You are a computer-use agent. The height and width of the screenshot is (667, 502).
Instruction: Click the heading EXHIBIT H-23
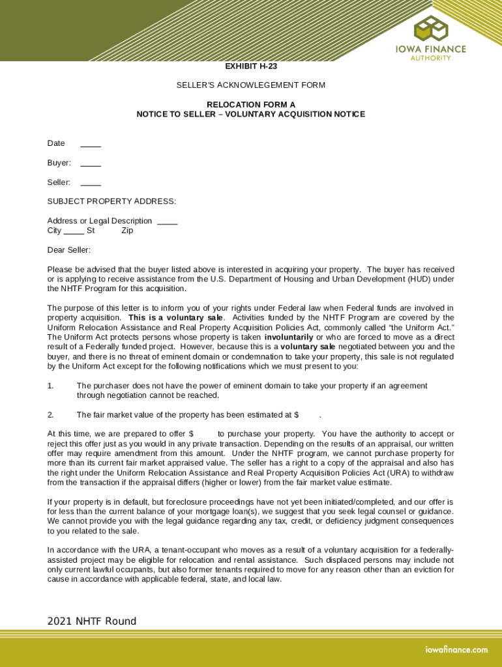tap(251, 66)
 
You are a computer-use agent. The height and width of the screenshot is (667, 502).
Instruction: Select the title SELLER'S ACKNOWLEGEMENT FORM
tap(251, 85)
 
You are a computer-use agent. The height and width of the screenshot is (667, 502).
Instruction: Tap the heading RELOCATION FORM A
tap(251, 105)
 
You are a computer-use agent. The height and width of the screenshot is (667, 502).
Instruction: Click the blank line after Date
tap(91, 144)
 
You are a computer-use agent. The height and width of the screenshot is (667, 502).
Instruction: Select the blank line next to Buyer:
tap(91, 163)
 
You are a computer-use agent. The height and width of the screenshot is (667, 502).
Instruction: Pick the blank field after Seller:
tap(91, 183)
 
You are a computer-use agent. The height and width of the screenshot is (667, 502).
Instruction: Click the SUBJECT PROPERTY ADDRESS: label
tap(111, 201)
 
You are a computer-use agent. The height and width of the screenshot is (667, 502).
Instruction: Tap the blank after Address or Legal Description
tap(168, 221)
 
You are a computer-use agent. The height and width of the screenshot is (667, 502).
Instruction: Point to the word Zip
tap(127, 231)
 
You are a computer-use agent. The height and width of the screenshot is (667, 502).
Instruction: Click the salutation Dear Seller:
tap(69, 250)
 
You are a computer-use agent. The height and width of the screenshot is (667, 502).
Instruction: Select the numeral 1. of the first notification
tap(50, 386)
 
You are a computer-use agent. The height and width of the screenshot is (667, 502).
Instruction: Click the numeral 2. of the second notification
tap(50, 415)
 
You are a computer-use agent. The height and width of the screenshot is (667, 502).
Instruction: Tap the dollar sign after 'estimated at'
tap(297, 415)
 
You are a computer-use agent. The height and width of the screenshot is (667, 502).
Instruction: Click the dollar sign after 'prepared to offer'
tap(191, 434)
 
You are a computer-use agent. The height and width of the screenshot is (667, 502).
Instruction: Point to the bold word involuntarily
tap(288, 337)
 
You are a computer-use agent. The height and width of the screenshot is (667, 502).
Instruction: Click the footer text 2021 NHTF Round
tap(92, 621)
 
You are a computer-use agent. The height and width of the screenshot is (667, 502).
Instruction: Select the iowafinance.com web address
tap(456, 649)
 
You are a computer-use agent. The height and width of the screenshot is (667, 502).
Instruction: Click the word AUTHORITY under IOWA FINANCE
tap(430, 58)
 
